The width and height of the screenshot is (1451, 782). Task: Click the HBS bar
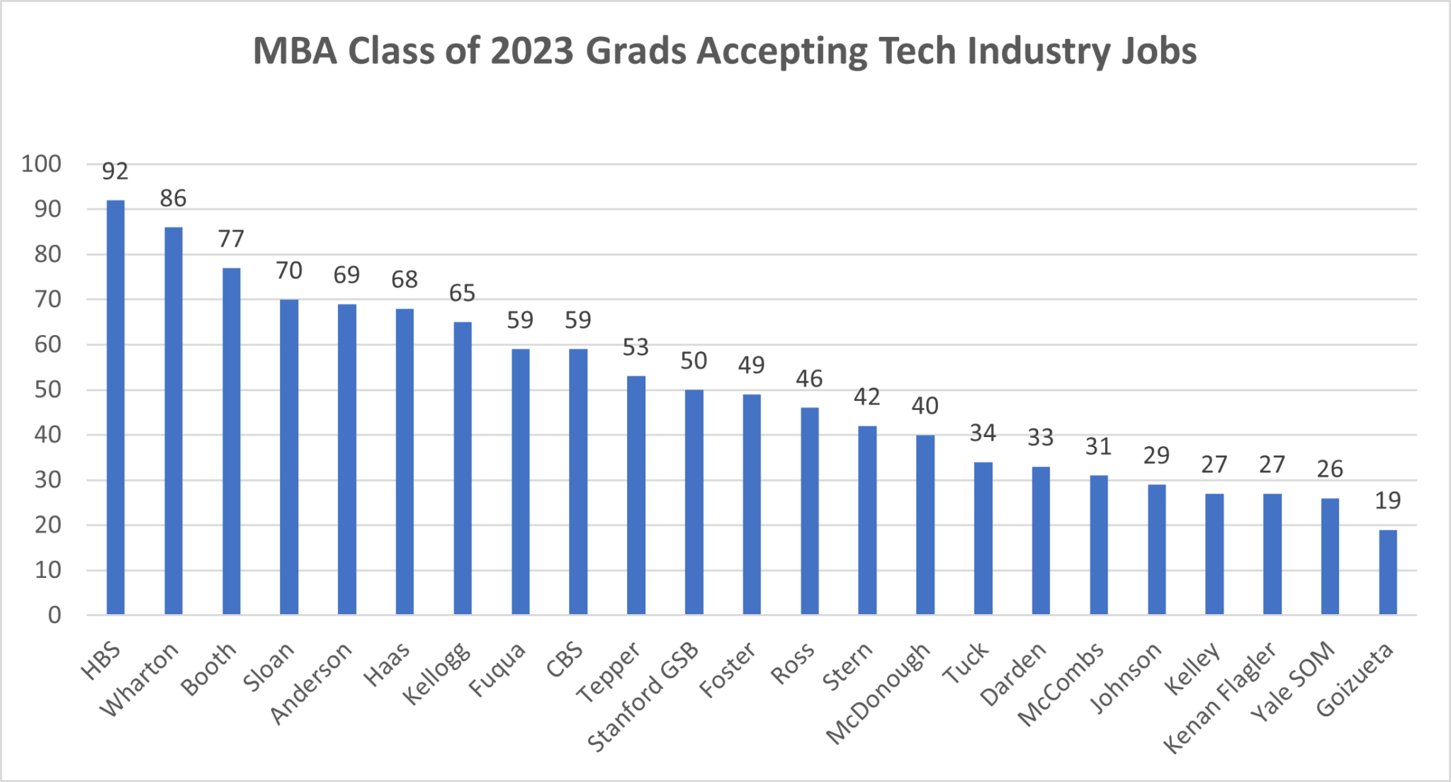coord(115,407)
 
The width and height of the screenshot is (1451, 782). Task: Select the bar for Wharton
coord(174,421)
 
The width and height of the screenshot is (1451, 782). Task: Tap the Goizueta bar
coord(1388,572)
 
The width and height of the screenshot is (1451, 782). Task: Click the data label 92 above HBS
coord(115,171)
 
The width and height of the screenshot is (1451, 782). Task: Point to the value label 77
coord(231,239)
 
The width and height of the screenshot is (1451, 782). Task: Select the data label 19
coord(1388,501)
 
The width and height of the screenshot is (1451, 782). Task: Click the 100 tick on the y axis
coord(41,164)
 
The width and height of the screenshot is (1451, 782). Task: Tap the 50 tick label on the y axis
coord(47,390)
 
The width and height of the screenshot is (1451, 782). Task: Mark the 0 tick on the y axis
coord(55,615)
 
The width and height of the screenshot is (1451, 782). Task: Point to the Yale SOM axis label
coord(1293,681)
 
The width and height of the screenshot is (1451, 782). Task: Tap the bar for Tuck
coord(983,538)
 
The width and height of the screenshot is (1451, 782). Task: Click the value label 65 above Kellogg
coord(462,293)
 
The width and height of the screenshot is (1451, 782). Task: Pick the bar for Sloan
coord(289,457)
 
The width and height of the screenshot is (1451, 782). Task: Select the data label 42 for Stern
coord(867,397)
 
